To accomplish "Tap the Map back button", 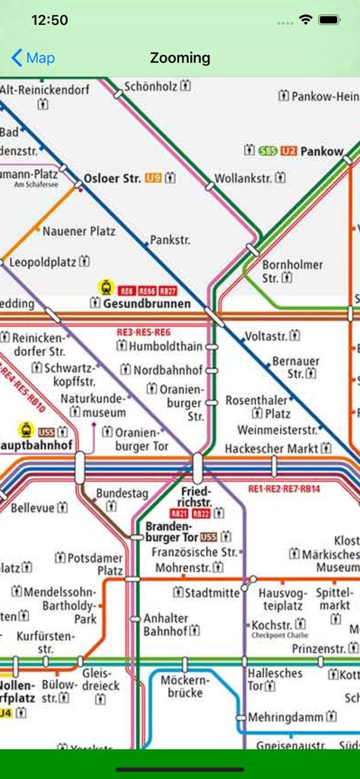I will tap(33, 58).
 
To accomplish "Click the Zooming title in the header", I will tap(180, 58).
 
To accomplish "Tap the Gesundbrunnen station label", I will tap(147, 304).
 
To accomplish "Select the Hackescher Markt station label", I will tap(272, 449).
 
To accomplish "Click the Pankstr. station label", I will tap(170, 240).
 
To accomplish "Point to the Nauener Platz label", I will tap(78, 231).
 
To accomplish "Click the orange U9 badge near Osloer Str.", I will tap(153, 178).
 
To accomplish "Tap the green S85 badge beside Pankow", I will tap(268, 151).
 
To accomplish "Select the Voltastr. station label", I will tap(266, 335).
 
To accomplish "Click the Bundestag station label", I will tap(122, 494).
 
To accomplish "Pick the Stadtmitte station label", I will tap(212, 592).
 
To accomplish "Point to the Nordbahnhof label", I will tap(167, 370).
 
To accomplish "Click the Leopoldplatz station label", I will tap(43, 262).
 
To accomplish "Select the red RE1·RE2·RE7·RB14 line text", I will tap(284, 488).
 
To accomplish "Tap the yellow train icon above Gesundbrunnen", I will tap(105, 288).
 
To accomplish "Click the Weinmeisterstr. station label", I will tap(277, 430).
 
